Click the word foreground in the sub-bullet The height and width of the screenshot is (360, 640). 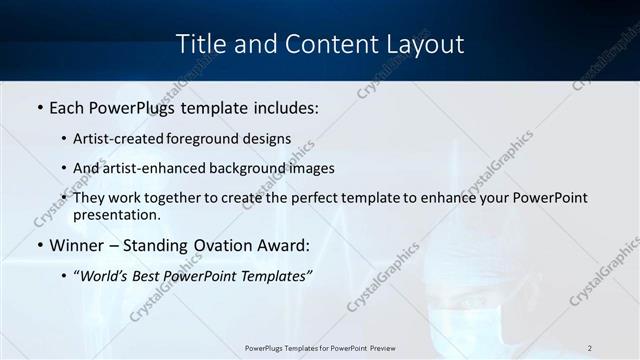205,139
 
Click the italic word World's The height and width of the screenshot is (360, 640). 107,275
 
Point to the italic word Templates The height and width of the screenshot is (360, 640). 276,275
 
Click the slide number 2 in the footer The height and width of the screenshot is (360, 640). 590,348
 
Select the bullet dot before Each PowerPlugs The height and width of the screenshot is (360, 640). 39,107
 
